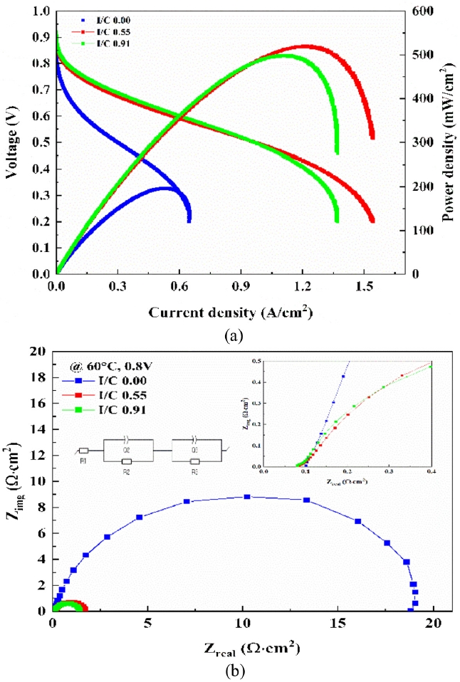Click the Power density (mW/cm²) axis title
click(449, 142)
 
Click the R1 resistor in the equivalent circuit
click(83, 451)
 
